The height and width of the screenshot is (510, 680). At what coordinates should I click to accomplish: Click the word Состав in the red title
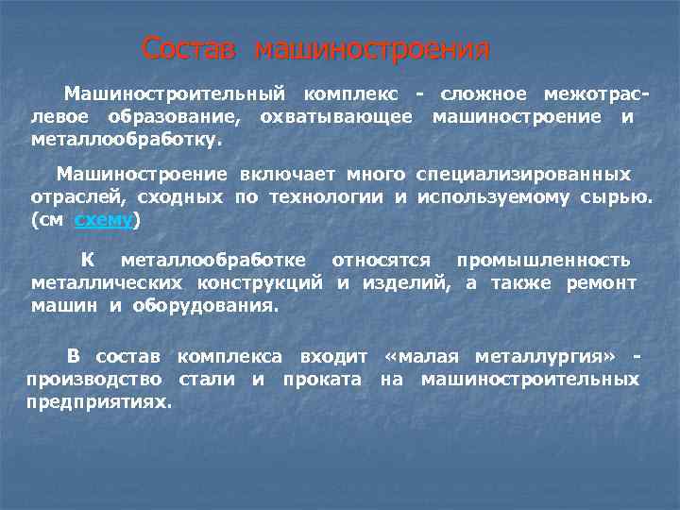pos(188,49)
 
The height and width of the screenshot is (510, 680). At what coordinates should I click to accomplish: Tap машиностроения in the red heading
pos(372,49)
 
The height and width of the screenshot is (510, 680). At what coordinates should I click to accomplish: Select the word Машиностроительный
pos(174,94)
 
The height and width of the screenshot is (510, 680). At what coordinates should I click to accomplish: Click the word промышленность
pos(543,260)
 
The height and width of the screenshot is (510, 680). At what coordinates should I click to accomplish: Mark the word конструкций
pos(260,283)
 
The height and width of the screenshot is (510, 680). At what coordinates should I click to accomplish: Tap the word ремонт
pos(601,283)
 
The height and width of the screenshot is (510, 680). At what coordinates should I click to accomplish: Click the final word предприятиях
pos(99,401)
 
